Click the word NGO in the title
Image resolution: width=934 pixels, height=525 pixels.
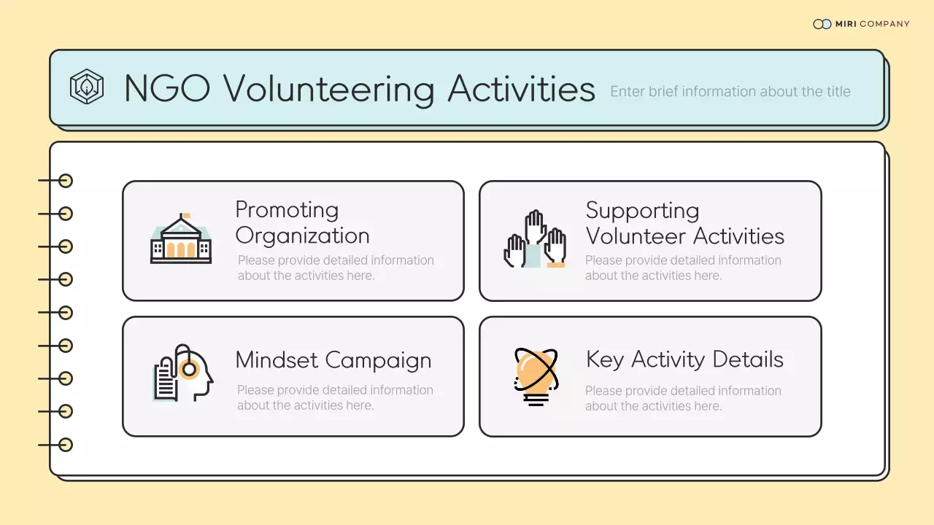point(167,89)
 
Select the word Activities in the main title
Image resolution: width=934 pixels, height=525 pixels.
point(521,89)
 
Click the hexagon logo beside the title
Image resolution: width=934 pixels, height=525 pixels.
point(87,87)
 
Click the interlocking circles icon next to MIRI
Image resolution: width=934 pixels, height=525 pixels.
point(822,24)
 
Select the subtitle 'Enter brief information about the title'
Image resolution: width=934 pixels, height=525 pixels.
point(730,92)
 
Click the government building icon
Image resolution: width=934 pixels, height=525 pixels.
point(181,240)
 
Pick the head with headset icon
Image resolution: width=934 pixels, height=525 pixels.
point(184,373)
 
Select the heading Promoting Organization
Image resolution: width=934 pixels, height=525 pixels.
point(302,223)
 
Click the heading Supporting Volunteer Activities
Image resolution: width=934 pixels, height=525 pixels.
point(684,223)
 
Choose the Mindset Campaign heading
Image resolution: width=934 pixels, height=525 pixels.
point(333,360)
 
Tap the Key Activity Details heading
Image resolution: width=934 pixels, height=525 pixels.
point(684,359)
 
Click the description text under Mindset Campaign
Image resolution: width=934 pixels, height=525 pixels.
point(334,397)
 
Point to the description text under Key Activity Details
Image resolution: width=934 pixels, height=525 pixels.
point(683,398)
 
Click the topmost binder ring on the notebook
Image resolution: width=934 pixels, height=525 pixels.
point(66,181)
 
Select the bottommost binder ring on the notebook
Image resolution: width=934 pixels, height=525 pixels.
point(66,444)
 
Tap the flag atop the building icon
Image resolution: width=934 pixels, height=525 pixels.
point(186,216)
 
